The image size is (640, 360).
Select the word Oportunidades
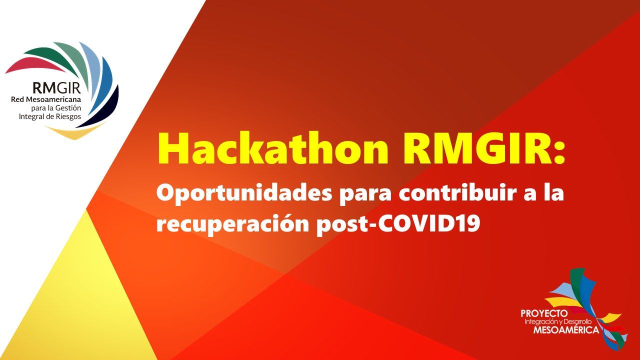pos(244,194)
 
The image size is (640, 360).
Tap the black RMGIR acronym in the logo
pos(56,88)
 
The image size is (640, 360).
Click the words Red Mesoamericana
pos(46,100)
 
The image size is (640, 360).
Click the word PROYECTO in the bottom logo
pos(544,313)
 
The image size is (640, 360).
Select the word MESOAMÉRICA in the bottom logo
pos(566,330)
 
